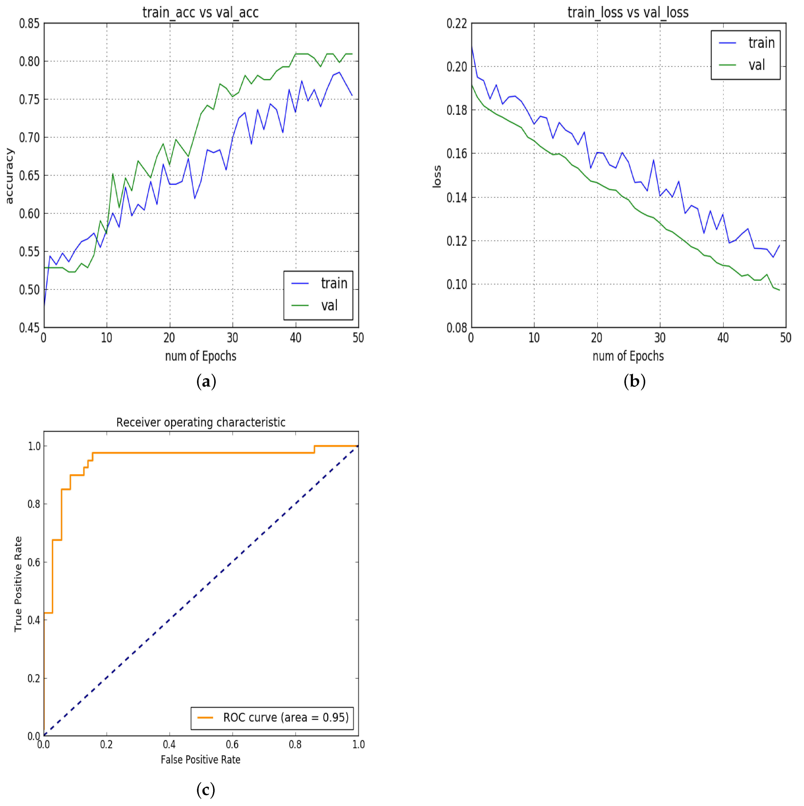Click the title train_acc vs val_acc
(x=200, y=12)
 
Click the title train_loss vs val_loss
(x=628, y=12)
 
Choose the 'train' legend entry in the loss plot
(x=761, y=43)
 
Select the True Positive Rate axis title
(x=18, y=584)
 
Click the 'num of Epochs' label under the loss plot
(x=628, y=356)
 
